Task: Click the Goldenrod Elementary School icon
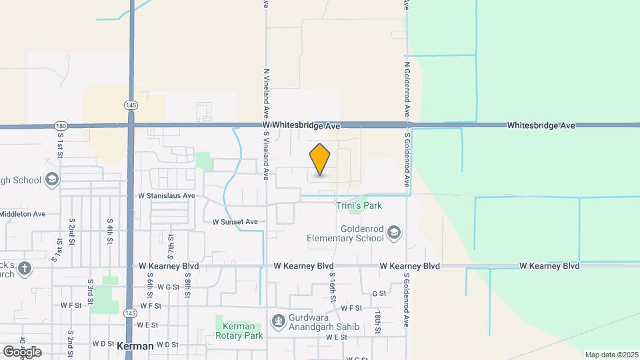coord(395,232)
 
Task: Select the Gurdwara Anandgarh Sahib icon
coord(278,321)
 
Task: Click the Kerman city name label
coord(135,347)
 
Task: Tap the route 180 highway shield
coord(61,125)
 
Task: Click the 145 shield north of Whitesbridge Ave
coord(131,105)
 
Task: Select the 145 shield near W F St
coord(131,312)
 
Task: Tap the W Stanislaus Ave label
coord(167,196)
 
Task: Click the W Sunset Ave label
coord(235,222)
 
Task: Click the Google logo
coord(22,352)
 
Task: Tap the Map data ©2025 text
coord(611,355)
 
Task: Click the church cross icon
coord(25,268)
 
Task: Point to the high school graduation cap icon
coord(52,180)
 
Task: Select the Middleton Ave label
coord(23,214)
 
